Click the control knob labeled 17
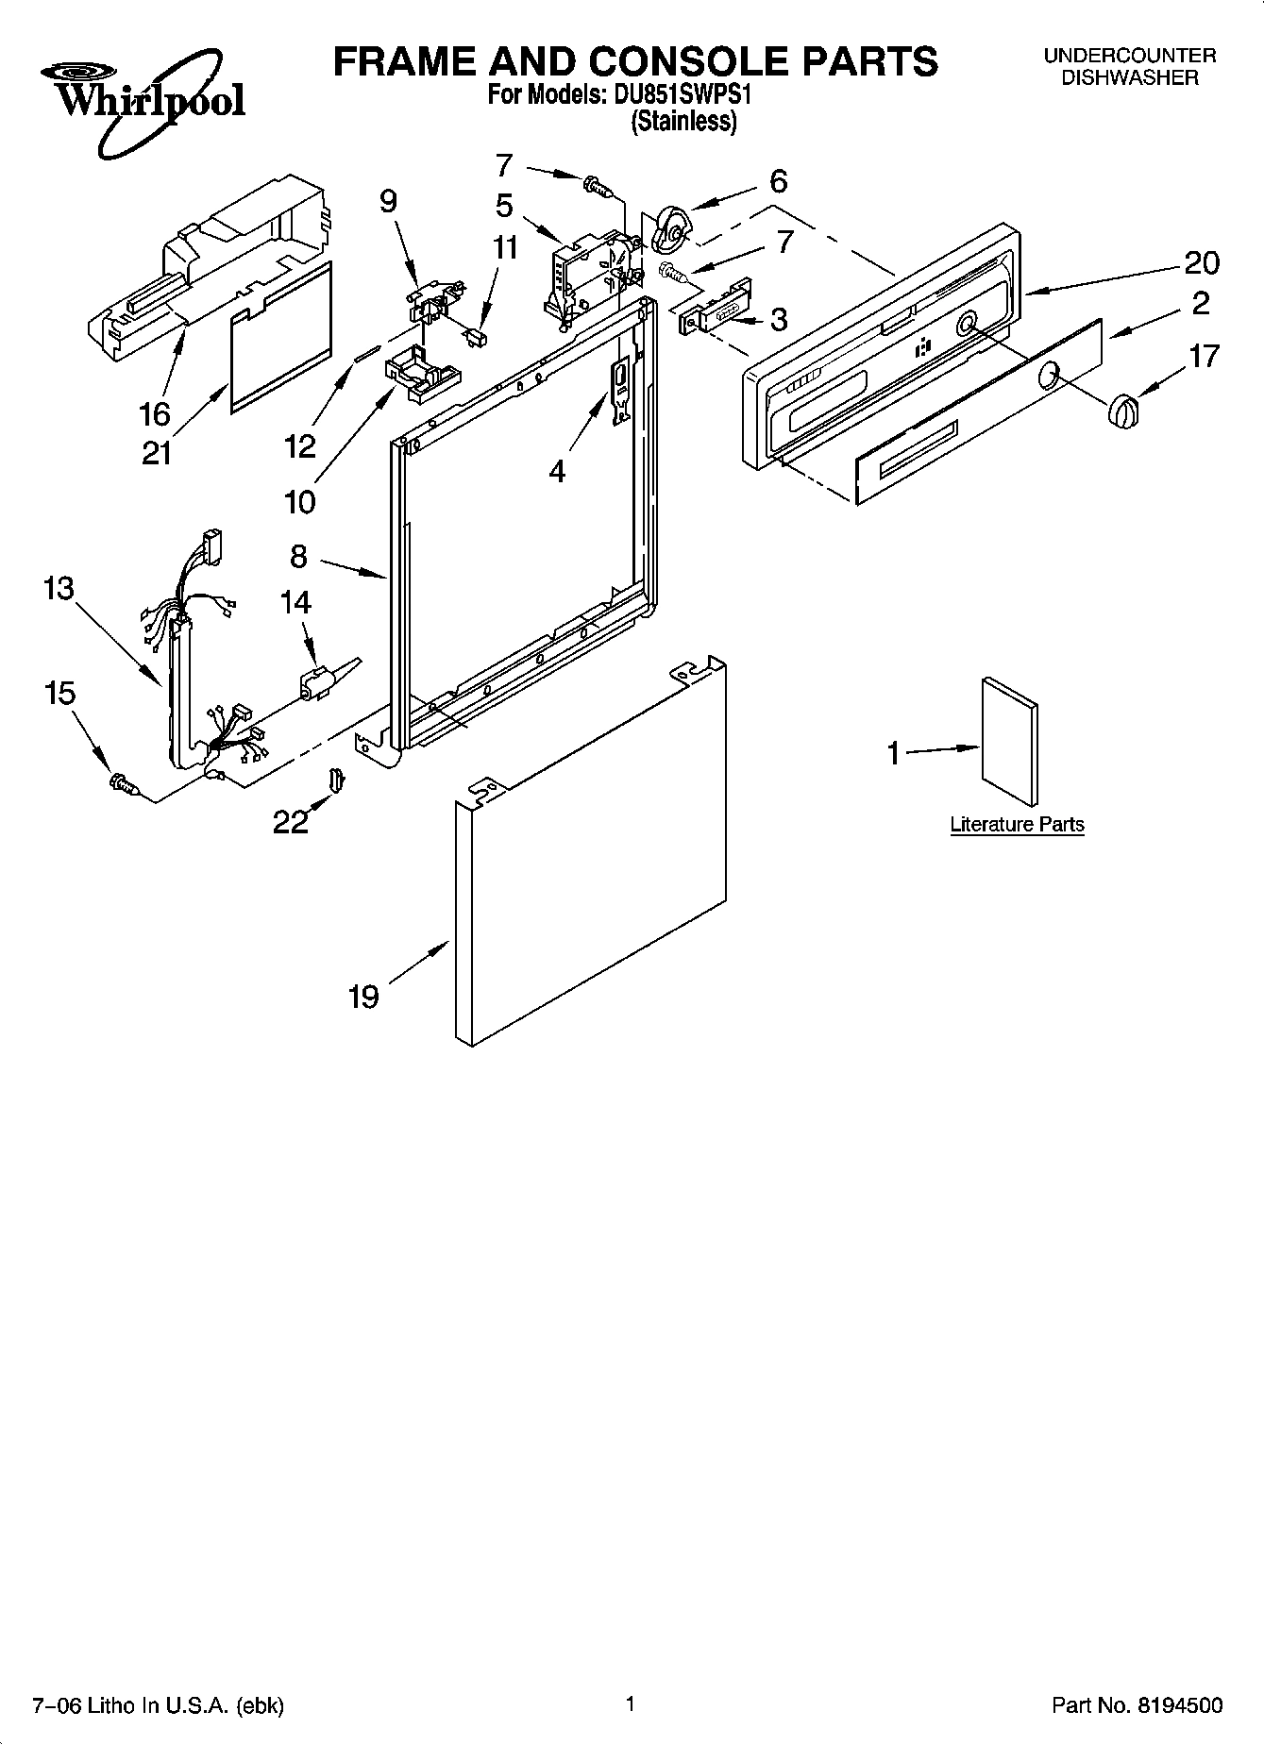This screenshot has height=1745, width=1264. point(1121,412)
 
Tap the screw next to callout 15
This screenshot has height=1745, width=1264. point(124,782)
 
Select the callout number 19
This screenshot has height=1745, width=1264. point(363,997)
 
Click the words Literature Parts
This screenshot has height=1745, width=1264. point(1017,825)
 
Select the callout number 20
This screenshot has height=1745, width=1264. point(1201,262)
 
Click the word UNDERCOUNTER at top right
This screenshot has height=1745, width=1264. point(1129,56)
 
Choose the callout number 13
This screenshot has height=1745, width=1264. point(58,589)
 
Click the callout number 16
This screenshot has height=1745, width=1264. point(155,413)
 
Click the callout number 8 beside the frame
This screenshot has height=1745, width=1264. point(298,557)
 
